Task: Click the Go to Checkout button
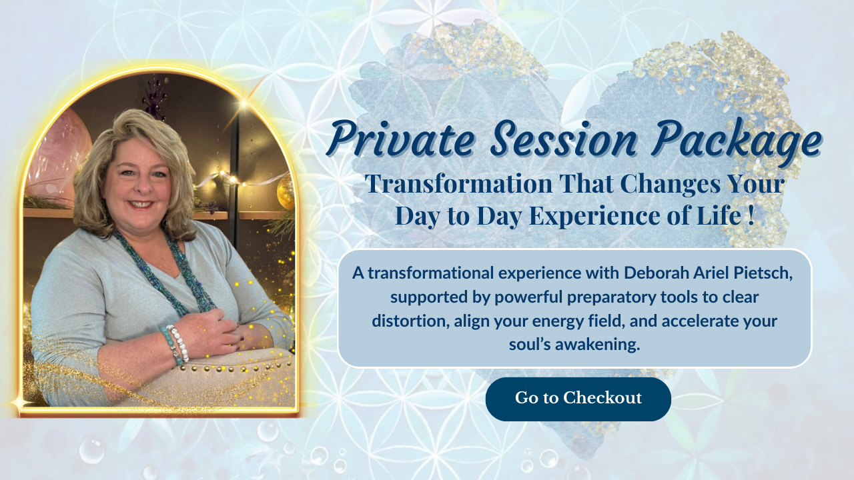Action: click(578, 399)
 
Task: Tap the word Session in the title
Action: click(564, 139)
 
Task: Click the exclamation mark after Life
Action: click(751, 215)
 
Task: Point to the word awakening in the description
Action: click(597, 345)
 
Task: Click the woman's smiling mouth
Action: click(139, 205)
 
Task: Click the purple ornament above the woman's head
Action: click(155, 97)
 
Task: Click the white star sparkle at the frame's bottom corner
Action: click(18, 403)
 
